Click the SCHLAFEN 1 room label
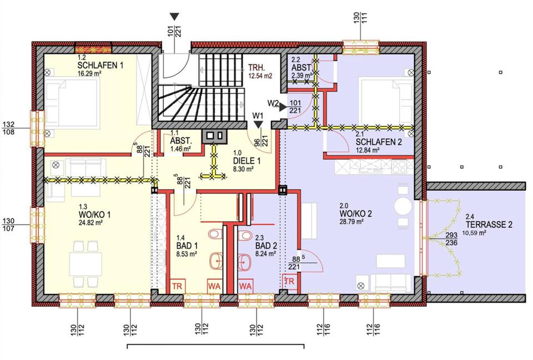pos(100,65)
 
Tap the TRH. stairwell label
pos(257,67)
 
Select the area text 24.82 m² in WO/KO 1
pos(90,223)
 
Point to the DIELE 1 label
pos(247,161)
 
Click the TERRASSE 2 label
pos(489,225)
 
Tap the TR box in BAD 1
pos(177,286)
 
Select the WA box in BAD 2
pos(245,286)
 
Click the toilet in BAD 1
pos(215,234)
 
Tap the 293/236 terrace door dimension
pos(451,239)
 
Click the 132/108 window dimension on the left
pos(8,128)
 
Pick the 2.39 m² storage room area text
pos(301,75)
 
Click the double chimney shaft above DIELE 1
pos(215,136)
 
